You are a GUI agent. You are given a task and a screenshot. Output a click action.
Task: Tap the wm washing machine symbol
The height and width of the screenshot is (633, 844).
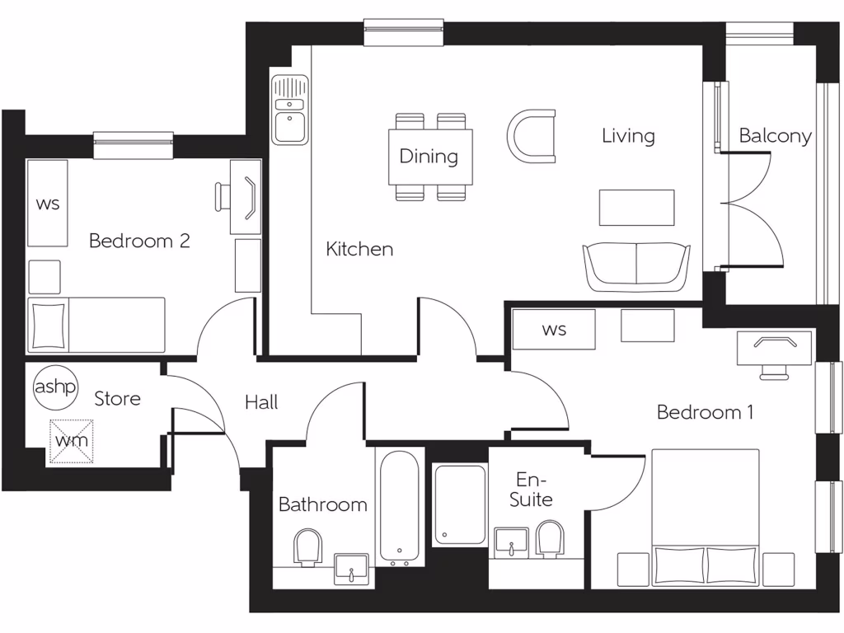pos(71,439)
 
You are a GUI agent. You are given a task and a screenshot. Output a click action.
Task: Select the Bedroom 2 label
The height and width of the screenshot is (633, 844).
pos(139,241)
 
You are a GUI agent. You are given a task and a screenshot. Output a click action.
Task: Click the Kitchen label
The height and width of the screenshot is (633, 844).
pos(359,249)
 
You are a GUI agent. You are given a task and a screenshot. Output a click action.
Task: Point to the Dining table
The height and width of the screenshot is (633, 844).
pos(430,157)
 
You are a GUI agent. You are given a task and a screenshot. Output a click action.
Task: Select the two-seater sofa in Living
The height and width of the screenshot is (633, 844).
pos(636,266)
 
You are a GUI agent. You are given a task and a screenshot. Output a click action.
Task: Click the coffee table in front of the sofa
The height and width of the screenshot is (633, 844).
pos(636,207)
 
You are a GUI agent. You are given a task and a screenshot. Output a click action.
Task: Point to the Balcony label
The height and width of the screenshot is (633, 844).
pos(775,136)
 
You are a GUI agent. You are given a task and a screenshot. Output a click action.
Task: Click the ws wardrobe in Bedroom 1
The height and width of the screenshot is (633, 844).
pos(554,330)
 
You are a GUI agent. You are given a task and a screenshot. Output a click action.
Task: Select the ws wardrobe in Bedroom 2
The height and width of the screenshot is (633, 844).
pos(48,204)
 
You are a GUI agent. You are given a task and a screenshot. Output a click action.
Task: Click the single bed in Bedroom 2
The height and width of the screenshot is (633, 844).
pos(97,325)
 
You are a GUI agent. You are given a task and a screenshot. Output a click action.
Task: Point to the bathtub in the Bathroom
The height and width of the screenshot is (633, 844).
pos(400,507)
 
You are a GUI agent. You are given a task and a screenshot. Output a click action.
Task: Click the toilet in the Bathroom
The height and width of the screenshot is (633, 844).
pos(307,546)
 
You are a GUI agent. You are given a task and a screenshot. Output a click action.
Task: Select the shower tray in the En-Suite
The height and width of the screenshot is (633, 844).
pos(460,504)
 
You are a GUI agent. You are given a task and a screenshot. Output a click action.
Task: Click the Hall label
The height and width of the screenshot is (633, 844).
pos(261,403)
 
